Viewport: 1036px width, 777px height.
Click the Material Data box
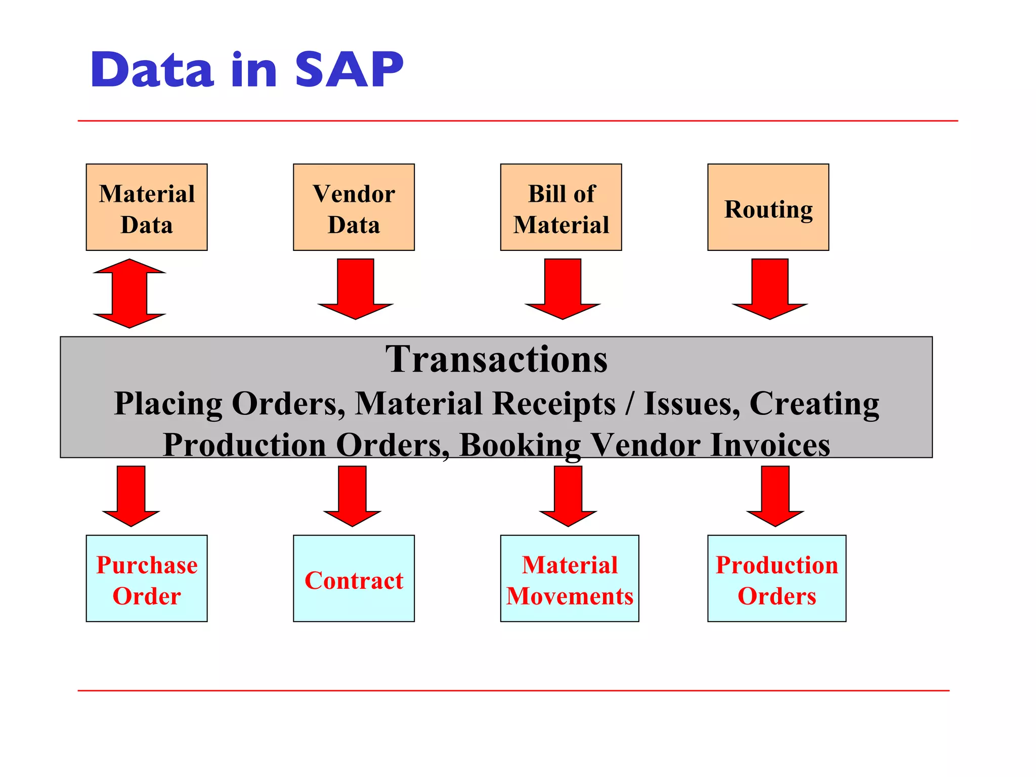point(147,207)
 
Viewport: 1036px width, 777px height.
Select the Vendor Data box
point(354,207)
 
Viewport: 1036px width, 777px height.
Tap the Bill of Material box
point(561,207)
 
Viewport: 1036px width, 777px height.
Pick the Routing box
point(768,207)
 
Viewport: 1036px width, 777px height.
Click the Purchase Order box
point(147,578)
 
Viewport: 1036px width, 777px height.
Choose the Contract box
point(354,578)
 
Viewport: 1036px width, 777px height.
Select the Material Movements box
point(570,578)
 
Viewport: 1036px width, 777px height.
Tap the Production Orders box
point(776,578)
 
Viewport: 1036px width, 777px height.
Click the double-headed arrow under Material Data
point(129,293)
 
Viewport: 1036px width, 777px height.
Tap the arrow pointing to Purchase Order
point(131,496)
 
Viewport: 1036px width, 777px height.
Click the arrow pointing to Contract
point(352,496)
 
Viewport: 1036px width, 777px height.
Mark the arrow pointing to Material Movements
point(568,496)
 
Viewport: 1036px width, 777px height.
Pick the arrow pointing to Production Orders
point(775,496)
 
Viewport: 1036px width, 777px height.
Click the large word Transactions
point(496,359)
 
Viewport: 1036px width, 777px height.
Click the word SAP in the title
point(349,70)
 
